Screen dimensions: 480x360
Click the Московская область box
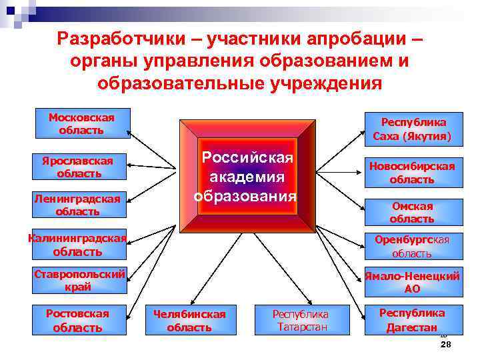pyautogui.click(x=81, y=124)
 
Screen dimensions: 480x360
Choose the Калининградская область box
pyautogui.click(x=78, y=245)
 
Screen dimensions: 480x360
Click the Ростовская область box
pyautogui.click(x=77, y=320)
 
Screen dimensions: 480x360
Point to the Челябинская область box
pyautogui.click(x=189, y=320)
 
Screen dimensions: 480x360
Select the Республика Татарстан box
pyautogui.click(x=300, y=320)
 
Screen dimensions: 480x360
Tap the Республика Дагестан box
pyautogui.click(x=411, y=320)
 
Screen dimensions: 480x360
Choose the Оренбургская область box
pyautogui.click(x=413, y=246)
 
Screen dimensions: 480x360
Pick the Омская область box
pyautogui.click(x=413, y=212)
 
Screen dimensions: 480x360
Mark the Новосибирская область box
pyautogui.click(x=413, y=173)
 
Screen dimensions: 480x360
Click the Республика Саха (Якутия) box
pyautogui.click(x=413, y=129)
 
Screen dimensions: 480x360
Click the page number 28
pyautogui.click(x=446, y=344)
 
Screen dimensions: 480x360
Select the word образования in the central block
pyautogui.click(x=245, y=196)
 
